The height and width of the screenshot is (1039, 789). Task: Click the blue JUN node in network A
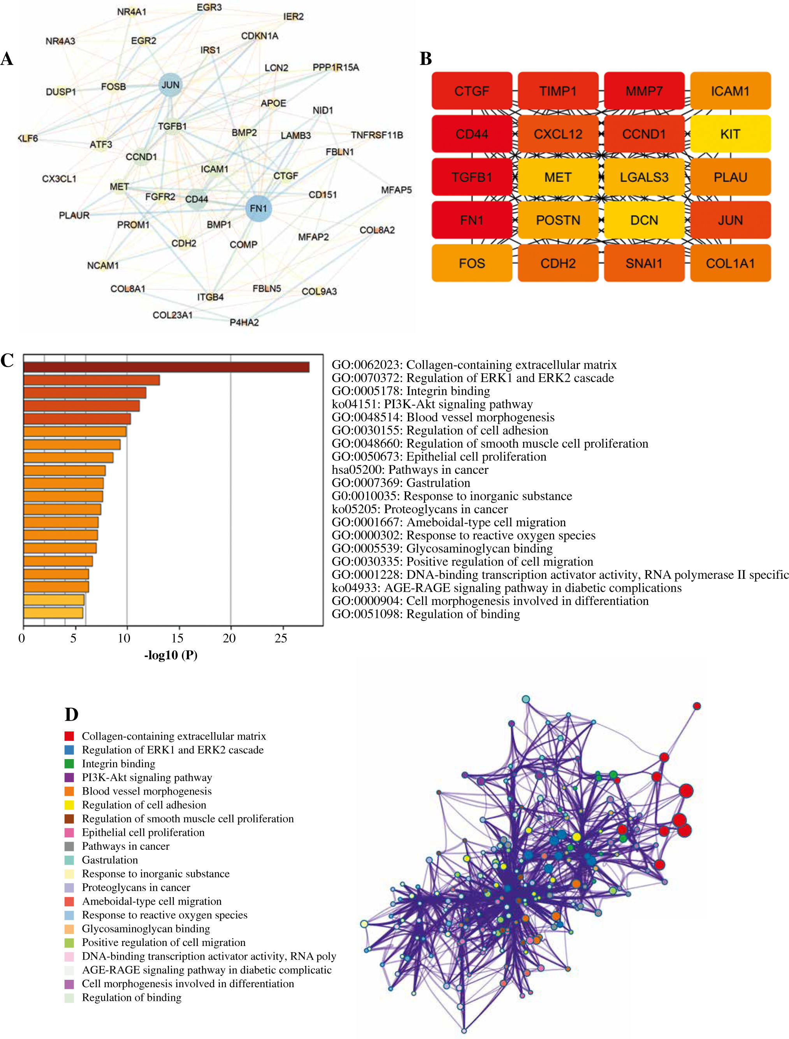click(170, 85)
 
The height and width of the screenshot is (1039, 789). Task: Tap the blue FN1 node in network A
click(258, 208)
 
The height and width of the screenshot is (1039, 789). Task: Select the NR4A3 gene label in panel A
click(60, 41)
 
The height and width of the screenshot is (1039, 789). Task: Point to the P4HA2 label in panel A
click(244, 322)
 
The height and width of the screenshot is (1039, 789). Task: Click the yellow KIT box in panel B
click(730, 134)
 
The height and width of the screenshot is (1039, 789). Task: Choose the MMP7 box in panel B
click(644, 91)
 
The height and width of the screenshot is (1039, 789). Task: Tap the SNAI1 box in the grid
click(644, 263)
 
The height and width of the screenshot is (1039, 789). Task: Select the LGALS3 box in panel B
click(644, 177)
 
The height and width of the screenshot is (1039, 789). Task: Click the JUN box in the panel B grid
click(730, 220)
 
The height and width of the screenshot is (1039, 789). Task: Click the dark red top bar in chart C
click(166, 367)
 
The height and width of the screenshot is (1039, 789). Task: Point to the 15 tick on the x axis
click(177, 638)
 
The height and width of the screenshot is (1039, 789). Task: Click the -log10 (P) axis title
click(170, 655)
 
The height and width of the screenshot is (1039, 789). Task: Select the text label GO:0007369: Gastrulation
click(401, 483)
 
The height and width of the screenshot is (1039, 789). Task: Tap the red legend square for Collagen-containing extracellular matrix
click(69, 736)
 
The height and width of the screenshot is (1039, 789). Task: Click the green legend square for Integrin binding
click(69, 764)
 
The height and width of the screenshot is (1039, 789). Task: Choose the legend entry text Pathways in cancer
click(125, 846)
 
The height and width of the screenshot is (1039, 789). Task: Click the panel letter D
click(71, 714)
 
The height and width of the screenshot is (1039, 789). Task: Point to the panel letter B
click(425, 59)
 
